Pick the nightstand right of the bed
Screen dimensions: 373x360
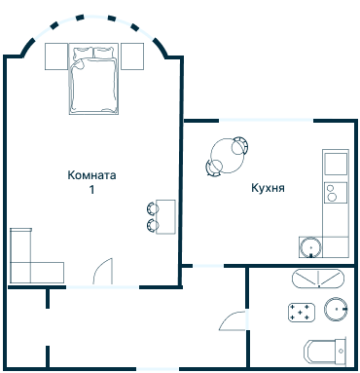point(131,56)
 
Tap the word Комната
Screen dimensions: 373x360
point(91,176)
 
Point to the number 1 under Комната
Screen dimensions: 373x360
point(91,191)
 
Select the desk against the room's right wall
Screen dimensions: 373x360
point(167,216)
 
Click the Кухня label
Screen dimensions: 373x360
point(268,188)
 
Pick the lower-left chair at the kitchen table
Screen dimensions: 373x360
point(213,168)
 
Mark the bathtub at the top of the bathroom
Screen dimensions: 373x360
point(318,279)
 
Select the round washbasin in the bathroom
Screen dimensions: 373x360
point(337,310)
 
